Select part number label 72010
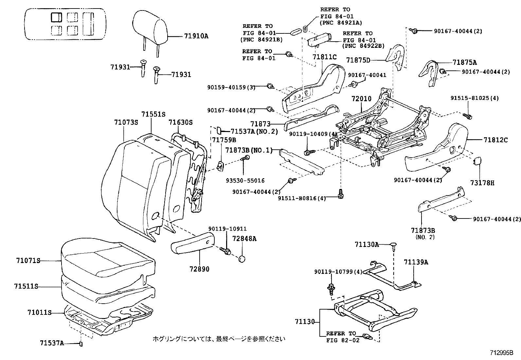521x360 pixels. click(x=362, y=99)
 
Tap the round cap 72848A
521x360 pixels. click(x=242, y=258)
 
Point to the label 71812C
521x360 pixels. click(x=495, y=140)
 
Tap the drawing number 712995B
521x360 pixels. click(x=501, y=353)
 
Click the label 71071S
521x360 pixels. click(x=28, y=261)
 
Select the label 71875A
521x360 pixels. click(x=465, y=62)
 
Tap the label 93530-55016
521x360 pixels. click(x=245, y=180)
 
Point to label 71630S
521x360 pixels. click(x=181, y=123)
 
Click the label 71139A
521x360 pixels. click(x=416, y=262)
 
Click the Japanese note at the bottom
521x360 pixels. click(x=219, y=339)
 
